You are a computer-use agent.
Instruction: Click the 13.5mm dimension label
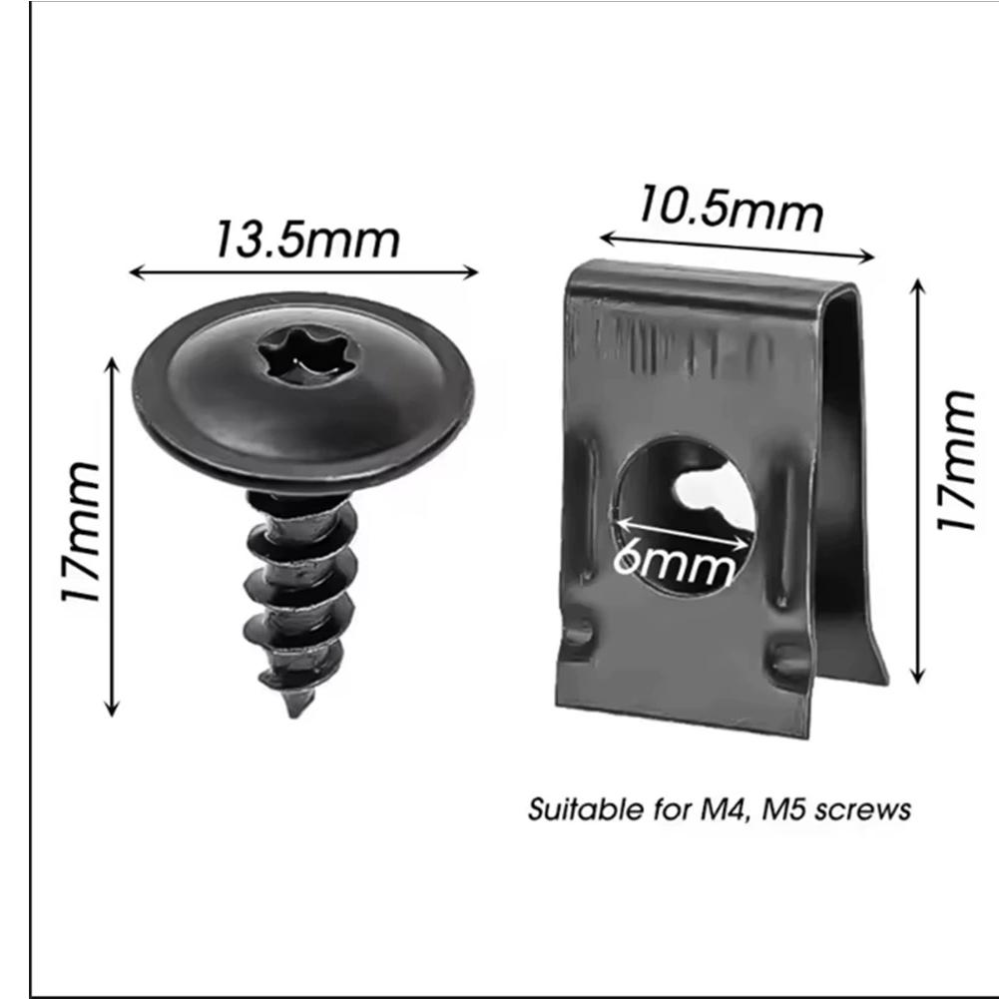306,240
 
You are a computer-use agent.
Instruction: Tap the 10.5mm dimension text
731,209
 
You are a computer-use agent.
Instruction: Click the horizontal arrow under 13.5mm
304,271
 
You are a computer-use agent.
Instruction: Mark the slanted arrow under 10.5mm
737,248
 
